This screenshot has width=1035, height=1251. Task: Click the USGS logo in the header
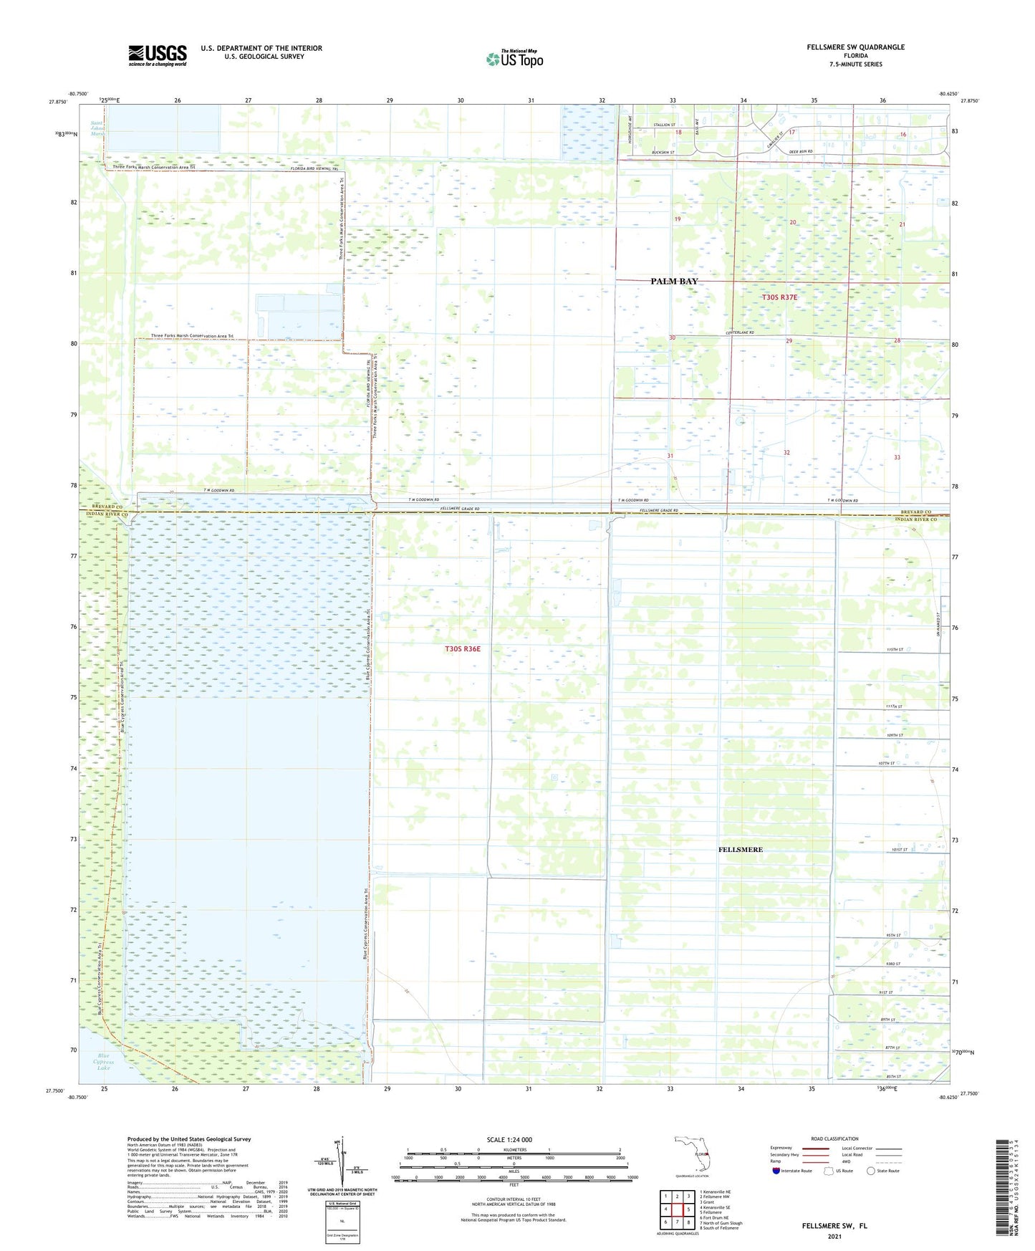[158, 55]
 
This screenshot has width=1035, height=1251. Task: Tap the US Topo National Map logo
[514, 58]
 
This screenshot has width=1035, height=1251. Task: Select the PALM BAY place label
[673, 282]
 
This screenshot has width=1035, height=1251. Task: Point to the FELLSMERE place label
[740, 849]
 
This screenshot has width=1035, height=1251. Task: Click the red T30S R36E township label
[462, 648]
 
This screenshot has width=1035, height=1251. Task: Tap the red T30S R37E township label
[779, 297]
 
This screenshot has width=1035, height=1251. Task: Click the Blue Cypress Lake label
[104, 1062]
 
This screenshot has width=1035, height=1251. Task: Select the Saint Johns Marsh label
[97, 128]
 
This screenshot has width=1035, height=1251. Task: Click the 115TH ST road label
[895, 649]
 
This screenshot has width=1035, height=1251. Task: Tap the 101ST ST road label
[900, 850]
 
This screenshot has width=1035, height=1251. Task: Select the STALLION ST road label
[664, 125]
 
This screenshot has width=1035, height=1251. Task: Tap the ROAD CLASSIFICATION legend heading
[834, 1139]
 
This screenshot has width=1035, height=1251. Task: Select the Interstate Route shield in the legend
[776, 1171]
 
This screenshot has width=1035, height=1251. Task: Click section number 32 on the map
[786, 452]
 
